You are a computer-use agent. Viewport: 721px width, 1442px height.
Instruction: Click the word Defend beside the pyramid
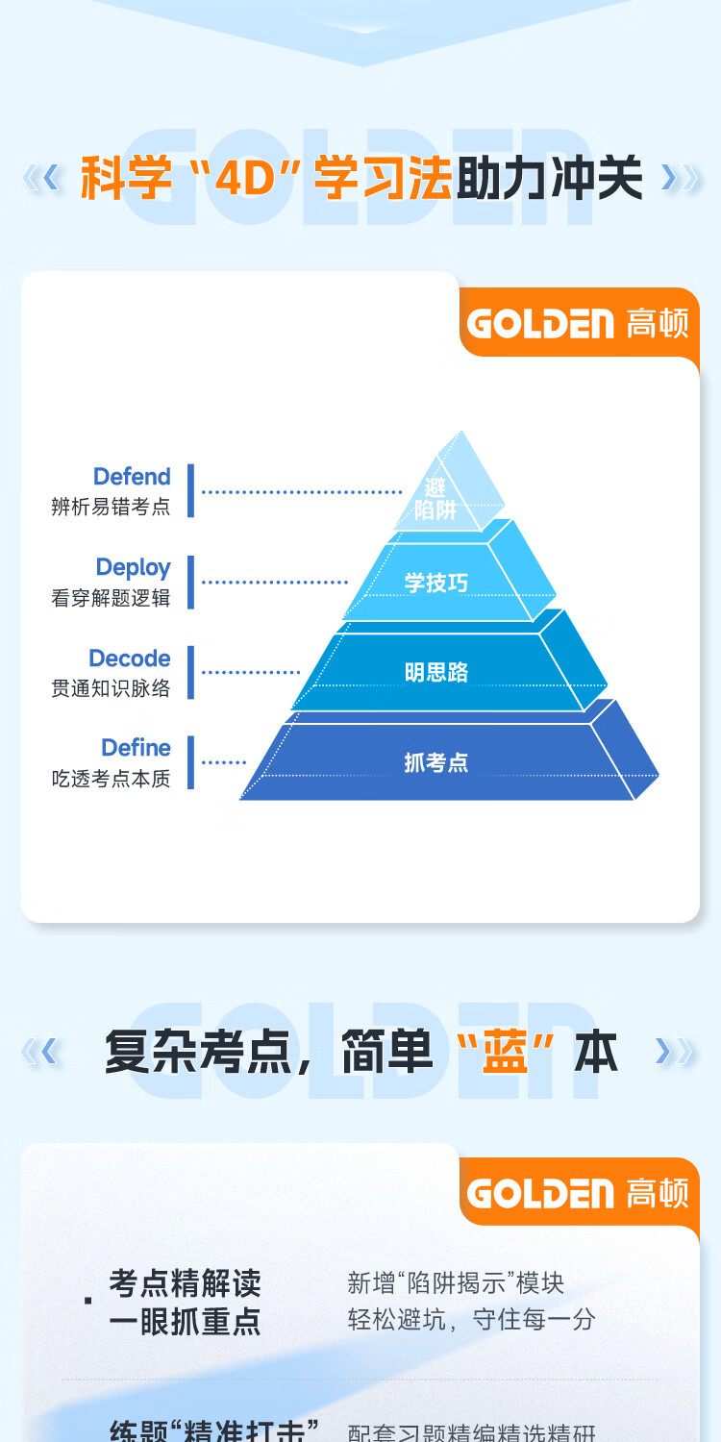[132, 477]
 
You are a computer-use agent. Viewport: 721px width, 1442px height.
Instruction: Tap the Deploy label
[133, 567]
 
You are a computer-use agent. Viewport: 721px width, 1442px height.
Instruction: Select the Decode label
[130, 659]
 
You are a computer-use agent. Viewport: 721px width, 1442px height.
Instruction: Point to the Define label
[136, 748]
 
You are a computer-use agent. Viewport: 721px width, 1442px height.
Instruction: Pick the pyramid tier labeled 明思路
[436, 672]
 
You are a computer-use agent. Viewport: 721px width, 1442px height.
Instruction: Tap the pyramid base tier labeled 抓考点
[436, 763]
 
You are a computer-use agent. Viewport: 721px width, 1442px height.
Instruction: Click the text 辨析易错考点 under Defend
[111, 507]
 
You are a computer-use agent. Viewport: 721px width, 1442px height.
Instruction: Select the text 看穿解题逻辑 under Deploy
[111, 597]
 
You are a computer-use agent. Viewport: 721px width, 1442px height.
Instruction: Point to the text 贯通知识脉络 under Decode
[111, 688]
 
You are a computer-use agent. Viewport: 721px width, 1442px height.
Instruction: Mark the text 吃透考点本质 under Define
[111, 779]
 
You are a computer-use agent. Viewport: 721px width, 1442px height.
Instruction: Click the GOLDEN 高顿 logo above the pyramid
[578, 323]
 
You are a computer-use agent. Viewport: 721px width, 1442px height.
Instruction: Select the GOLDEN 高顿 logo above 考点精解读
[578, 1193]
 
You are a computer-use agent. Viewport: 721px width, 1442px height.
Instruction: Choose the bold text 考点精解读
[185, 1283]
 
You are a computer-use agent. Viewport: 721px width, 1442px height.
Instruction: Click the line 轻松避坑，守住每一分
[471, 1319]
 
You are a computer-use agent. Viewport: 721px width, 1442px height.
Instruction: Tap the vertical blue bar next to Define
[190, 762]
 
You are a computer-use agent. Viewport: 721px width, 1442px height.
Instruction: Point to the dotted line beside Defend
[301, 492]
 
